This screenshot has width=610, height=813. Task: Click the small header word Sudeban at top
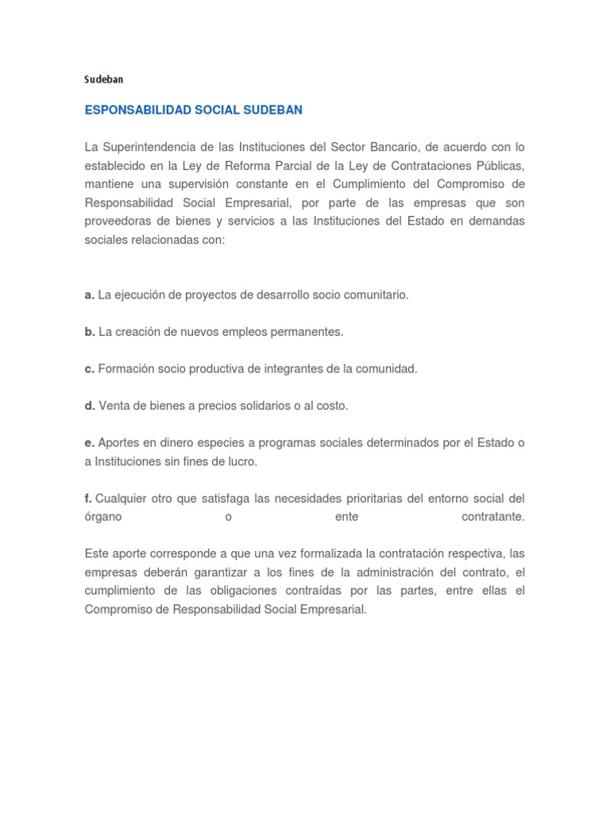[104, 79]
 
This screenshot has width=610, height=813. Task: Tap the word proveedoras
[119, 221]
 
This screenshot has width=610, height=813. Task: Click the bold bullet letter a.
[90, 295]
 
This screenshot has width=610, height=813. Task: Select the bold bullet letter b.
[90, 332]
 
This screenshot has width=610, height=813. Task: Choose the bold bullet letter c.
[90, 369]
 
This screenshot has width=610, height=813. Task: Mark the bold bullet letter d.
[90, 406]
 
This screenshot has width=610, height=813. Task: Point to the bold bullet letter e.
[90, 443]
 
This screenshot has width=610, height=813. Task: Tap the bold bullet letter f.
[88, 499]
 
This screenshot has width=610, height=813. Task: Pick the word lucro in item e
[241, 461]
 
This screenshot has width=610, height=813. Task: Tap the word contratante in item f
[492, 517]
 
